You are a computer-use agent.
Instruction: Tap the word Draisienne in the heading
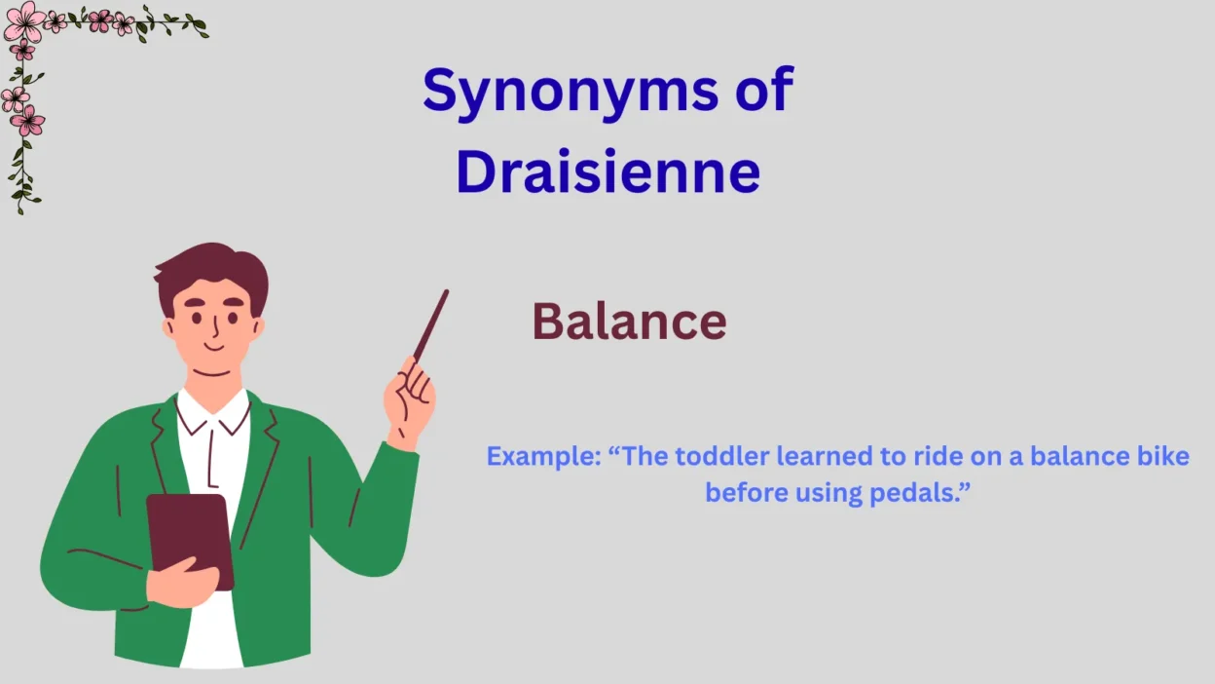(x=607, y=171)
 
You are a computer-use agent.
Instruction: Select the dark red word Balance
(x=629, y=322)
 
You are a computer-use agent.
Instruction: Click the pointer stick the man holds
(x=431, y=324)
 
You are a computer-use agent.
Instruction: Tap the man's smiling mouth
(x=213, y=346)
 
